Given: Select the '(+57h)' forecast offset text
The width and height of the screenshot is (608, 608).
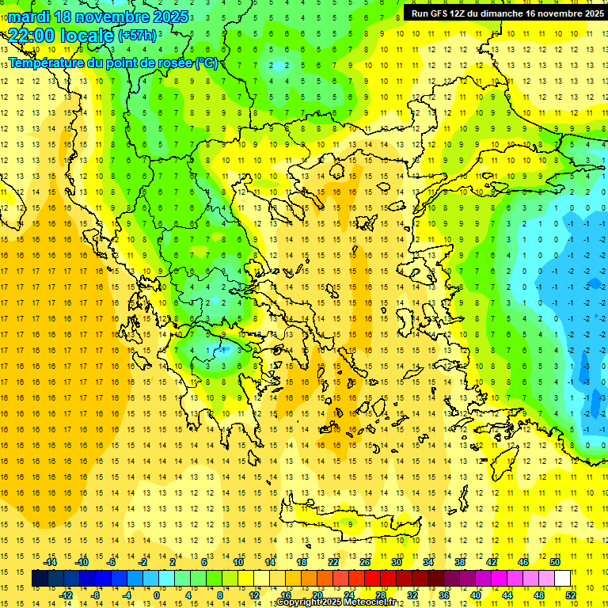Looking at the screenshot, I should (x=137, y=36).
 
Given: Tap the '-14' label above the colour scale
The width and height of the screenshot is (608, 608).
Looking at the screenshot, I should (x=51, y=562).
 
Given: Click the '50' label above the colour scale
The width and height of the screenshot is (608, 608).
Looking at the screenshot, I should (x=554, y=562).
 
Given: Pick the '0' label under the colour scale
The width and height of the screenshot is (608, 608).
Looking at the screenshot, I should (x=156, y=595).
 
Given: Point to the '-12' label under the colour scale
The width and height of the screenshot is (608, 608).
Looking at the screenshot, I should (x=66, y=595).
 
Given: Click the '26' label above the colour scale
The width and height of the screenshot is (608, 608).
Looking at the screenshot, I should (x=365, y=562).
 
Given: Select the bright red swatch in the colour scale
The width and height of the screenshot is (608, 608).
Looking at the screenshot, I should (x=372, y=579).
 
